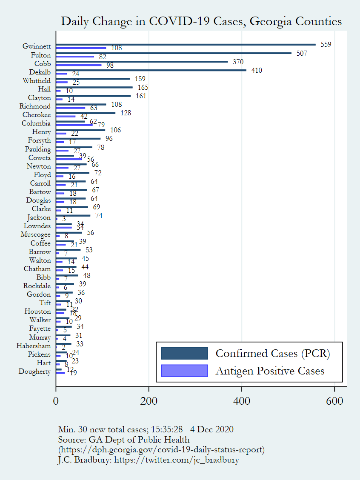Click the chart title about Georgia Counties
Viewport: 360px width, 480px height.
click(x=201, y=22)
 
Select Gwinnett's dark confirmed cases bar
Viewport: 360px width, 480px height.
click(x=186, y=44)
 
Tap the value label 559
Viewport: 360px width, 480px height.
click(x=326, y=45)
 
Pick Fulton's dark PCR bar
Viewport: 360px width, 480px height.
click(x=174, y=53)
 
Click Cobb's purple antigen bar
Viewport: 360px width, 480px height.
click(x=79, y=65)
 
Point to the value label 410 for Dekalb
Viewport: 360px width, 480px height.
click(x=257, y=70)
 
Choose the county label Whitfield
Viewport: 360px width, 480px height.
click(x=37, y=81)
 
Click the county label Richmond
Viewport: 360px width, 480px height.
click(x=35, y=106)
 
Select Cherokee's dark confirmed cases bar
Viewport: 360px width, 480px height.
click(x=86, y=113)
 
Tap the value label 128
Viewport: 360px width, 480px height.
click(x=126, y=113)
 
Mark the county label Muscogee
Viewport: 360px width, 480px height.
click(x=35, y=234)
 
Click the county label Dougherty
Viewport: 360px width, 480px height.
click(x=34, y=371)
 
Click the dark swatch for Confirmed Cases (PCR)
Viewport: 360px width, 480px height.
click(x=184, y=353)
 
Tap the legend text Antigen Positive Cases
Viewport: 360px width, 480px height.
click(x=270, y=371)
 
